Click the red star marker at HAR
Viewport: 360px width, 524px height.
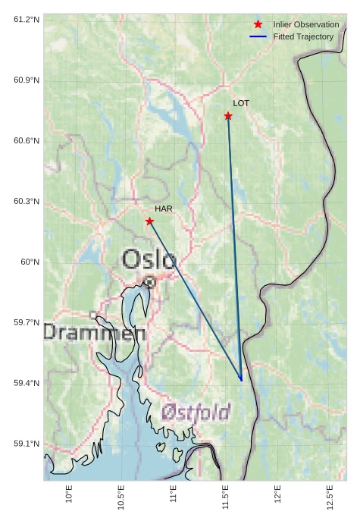pos(149,221)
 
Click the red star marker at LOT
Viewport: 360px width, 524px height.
pos(228,116)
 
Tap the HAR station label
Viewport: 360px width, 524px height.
pos(164,209)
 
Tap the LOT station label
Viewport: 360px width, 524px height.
pos(241,103)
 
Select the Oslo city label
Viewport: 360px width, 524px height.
pos(149,259)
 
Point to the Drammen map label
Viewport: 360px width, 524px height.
pos(94,332)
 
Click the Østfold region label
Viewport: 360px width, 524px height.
pos(196,413)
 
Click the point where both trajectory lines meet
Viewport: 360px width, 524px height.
pos(242,381)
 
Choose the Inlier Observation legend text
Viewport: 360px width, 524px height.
pos(306,25)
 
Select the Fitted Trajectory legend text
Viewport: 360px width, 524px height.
pos(303,37)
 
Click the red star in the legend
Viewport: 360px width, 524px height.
pos(258,25)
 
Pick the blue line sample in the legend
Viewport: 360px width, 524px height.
pos(258,37)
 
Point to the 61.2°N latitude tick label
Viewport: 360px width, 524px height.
pos(27,19)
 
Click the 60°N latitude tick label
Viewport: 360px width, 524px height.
pos(30,262)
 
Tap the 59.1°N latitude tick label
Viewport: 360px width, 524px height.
pos(27,444)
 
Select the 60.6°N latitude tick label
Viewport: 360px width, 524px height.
pos(27,140)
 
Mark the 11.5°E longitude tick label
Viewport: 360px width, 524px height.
pos(225,497)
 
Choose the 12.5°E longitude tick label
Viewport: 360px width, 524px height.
pos(330,497)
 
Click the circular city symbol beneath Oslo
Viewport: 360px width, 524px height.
pos(150,281)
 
